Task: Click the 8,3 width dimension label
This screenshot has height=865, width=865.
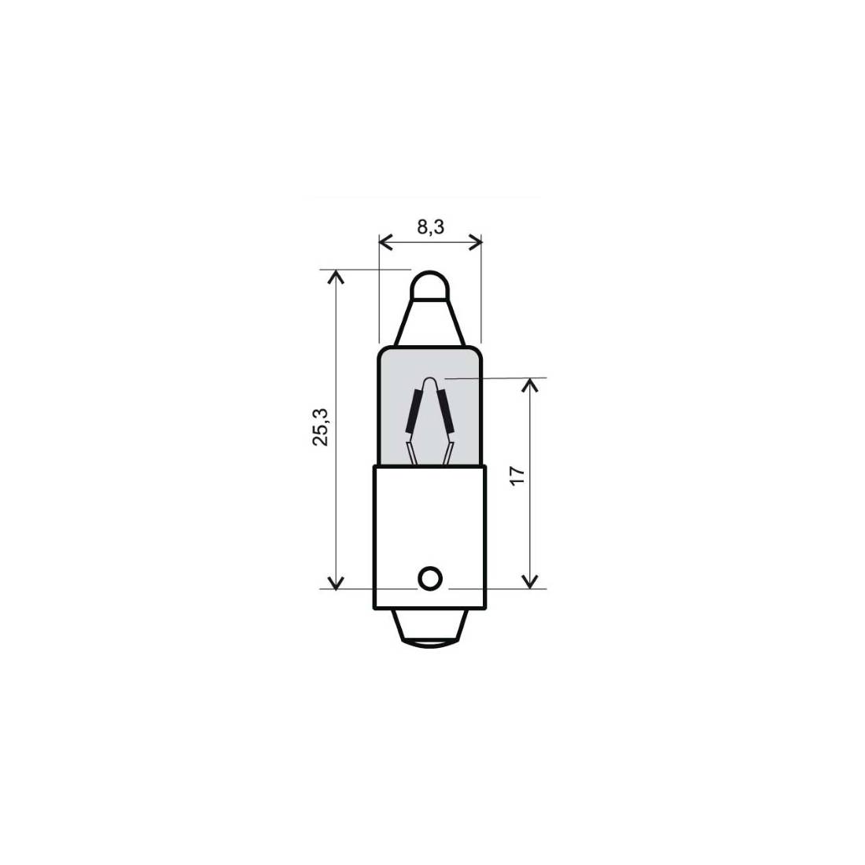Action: [430, 226]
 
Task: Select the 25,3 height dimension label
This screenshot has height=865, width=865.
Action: [321, 427]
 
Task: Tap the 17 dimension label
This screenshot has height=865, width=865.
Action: [517, 476]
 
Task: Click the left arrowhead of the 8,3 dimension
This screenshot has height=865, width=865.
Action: [385, 241]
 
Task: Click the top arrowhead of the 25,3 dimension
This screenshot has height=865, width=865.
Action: [336, 276]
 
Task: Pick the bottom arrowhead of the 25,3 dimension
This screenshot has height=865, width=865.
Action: [336, 582]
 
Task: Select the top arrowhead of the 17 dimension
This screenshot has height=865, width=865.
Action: [529, 385]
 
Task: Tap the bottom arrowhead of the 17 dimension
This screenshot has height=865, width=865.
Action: [529, 581]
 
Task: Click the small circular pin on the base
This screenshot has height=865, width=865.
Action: [430, 579]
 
